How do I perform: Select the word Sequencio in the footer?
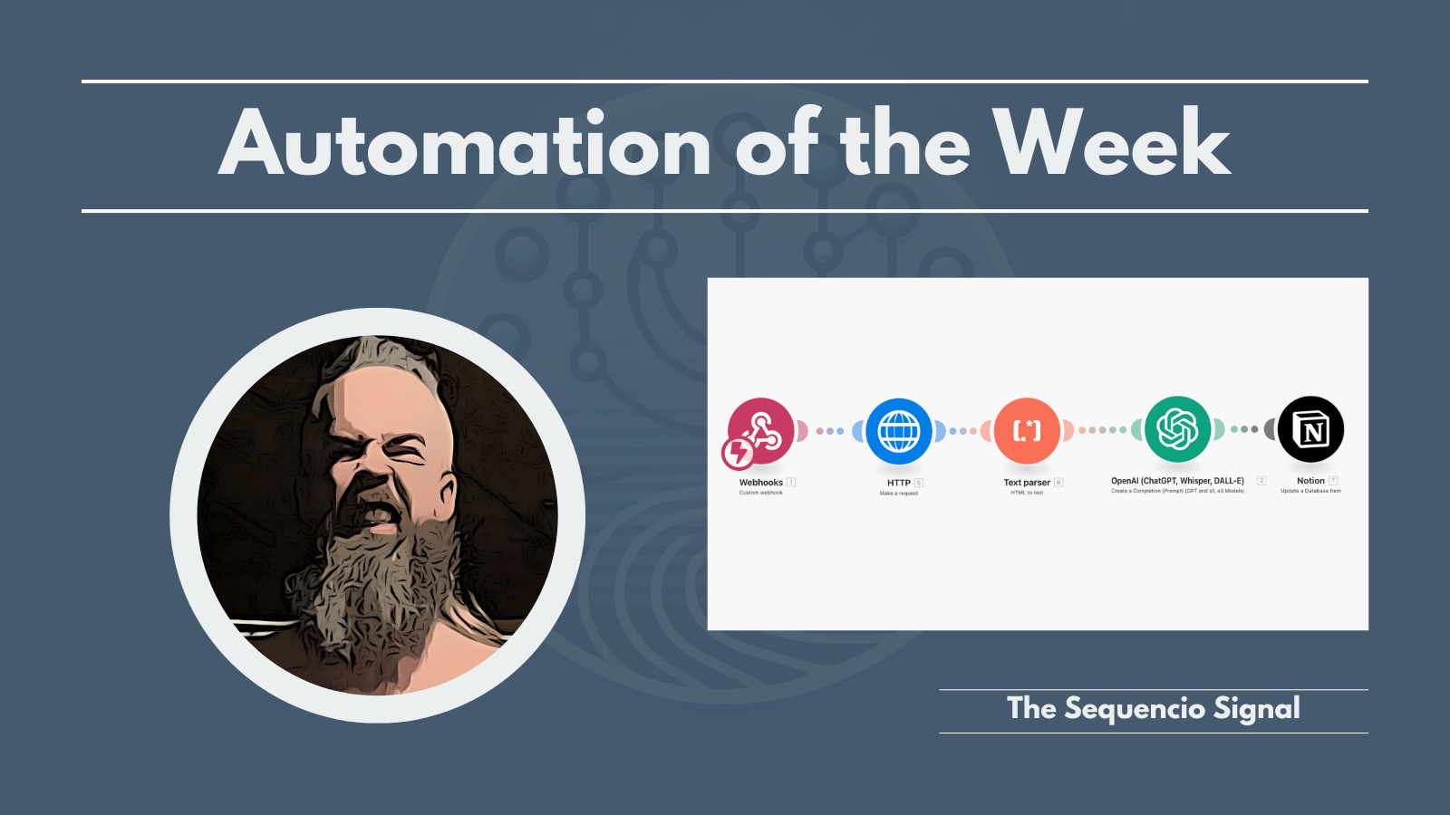click(x=1135, y=708)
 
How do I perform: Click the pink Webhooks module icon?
click(x=762, y=430)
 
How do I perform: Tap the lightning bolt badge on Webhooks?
click(x=738, y=452)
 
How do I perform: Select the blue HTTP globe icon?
click(x=898, y=431)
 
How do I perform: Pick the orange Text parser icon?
click(x=1027, y=431)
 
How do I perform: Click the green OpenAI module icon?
click(x=1177, y=429)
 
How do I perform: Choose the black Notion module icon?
click(x=1310, y=429)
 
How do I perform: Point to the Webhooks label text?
click(x=760, y=483)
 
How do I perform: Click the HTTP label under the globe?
click(x=898, y=483)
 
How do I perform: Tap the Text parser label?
click(x=1026, y=483)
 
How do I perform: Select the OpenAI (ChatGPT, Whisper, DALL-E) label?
click(x=1177, y=481)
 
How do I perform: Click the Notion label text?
click(x=1310, y=481)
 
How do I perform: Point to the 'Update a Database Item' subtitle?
click(x=1310, y=491)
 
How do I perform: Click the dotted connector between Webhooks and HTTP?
click(x=830, y=431)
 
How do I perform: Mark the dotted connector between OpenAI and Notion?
click(x=1244, y=429)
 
